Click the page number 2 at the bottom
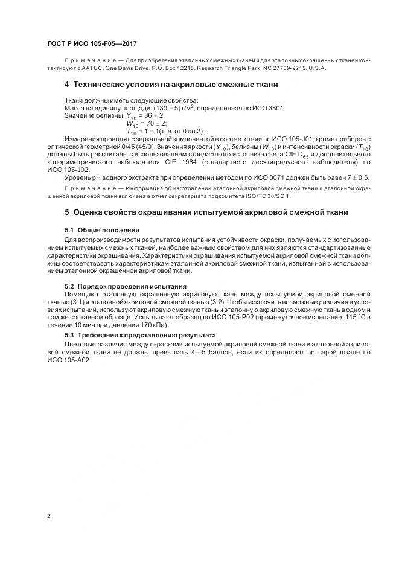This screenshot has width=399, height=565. pos(48,516)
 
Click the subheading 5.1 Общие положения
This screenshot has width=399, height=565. pos(102,230)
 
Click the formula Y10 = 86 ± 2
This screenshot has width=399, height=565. pos(141,115)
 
